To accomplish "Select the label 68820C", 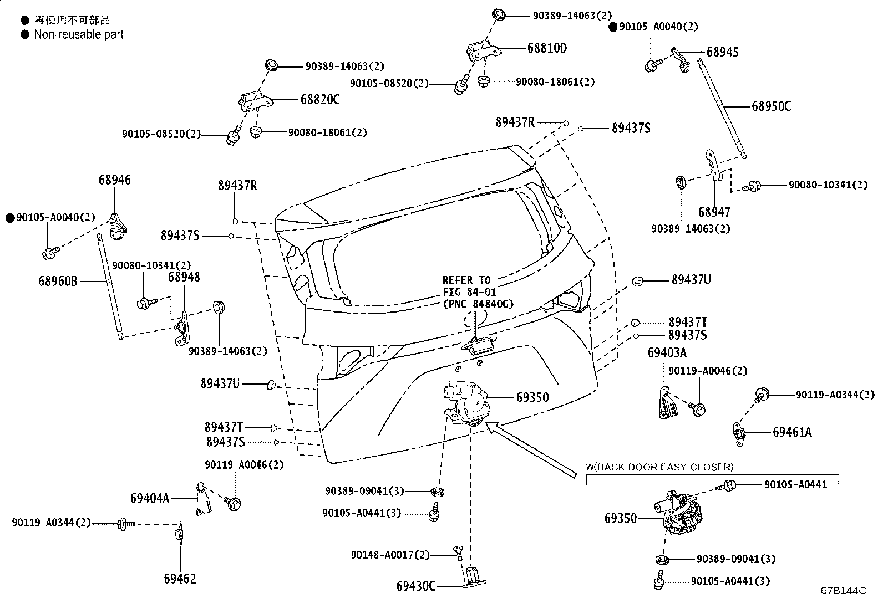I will (320, 100).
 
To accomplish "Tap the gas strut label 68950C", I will (771, 106).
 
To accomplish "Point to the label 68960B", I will (58, 282).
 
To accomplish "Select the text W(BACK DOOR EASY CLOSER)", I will (659, 467).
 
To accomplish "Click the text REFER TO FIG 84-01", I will (470, 286).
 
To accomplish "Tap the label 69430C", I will (416, 586).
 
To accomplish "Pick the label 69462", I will (180, 579).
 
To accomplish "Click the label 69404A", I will (150, 498).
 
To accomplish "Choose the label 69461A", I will (792, 432).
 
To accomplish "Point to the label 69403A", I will (667, 353).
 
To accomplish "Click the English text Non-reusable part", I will (79, 34).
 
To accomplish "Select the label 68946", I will (115, 180).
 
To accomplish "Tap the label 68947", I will (714, 212).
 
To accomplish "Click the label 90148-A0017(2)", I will (390, 555).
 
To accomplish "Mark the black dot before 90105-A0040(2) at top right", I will (613, 27).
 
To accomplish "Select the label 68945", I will (722, 52).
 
